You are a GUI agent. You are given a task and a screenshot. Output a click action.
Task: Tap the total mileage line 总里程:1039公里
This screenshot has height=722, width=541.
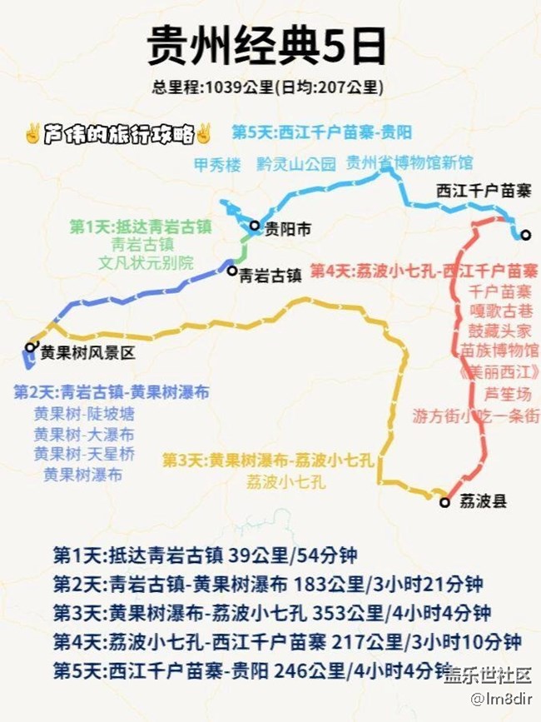(x=267, y=87)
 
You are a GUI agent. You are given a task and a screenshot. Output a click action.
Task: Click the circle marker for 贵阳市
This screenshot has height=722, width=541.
(x=255, y=226)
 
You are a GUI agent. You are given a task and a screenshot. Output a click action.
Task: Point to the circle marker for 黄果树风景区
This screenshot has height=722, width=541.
(x=31, y=347)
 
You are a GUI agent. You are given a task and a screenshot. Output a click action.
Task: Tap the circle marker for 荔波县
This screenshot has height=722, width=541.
(x=444, y=501)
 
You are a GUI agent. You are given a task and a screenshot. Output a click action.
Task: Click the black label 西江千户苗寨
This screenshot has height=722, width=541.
(x=484, y=191)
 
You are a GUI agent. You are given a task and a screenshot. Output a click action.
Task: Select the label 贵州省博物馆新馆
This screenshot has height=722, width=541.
(x=409, y=162)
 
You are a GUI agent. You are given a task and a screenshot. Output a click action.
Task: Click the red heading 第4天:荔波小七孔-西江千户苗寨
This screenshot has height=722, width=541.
(x=424, y=271)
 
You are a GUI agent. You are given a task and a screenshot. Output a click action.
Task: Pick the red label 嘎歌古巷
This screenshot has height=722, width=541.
(x=499, y=310)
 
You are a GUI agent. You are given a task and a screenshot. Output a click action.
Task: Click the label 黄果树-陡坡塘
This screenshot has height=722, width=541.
(x=83, y=413)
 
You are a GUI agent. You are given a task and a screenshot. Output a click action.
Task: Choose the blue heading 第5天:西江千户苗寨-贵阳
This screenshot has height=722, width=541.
(x=321, y=132)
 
